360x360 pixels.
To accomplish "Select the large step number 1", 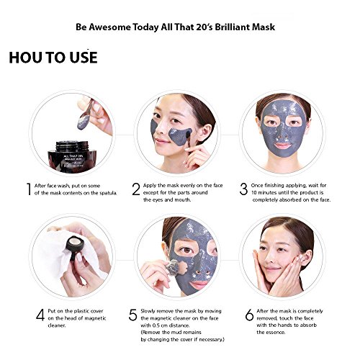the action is [x=29, y=189].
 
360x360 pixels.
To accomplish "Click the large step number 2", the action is [x=136, y=189].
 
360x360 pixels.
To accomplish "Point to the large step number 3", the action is [x=243, y=189].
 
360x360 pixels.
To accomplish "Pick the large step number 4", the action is [x=40, y=315].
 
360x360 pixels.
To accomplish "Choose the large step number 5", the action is [x=132, y=315].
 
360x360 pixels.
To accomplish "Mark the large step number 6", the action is [x=249, y=315].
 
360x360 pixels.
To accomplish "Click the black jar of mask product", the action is [x=72, y=156].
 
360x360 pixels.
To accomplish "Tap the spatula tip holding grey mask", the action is [x=84, y=122].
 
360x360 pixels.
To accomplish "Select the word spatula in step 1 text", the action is [x=108, y=193].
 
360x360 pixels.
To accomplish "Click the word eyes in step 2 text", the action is [x=158, y=199].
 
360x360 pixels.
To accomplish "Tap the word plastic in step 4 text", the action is [x=81, y=311].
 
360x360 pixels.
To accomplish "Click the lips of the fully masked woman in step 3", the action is [x=282, y=145].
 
